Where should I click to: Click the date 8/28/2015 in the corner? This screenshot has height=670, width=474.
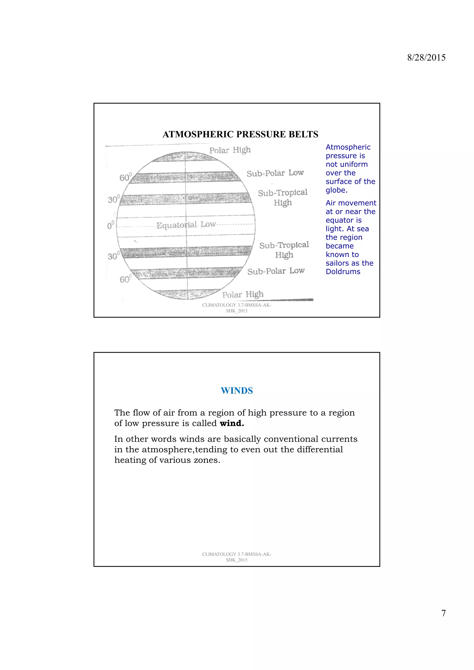tap(426, 58)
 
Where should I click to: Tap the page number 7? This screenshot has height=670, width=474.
tap(443, 613)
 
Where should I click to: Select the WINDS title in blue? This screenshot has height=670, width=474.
tap(237, 390)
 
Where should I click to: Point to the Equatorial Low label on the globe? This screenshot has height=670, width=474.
tap(186, 225)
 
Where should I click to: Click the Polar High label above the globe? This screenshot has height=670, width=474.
tap(230, 150)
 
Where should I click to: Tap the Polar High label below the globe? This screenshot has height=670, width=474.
tap(243, 294)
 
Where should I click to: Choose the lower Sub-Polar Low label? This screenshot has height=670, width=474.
tap(276, 271)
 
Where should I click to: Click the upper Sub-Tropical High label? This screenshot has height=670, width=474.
tap(282, 197)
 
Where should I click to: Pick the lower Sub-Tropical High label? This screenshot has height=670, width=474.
tap(284, 250)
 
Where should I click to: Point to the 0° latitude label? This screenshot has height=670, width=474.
tap(110, 225)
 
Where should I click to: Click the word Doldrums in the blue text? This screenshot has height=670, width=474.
tap(343, 272)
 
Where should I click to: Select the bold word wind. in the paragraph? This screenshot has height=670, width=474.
tap(232, 423)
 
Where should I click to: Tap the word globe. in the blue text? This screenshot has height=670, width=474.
tap(337, 190)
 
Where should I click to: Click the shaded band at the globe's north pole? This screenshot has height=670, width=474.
tap(185, 157)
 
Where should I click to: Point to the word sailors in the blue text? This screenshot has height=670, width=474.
tap(339, 263)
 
